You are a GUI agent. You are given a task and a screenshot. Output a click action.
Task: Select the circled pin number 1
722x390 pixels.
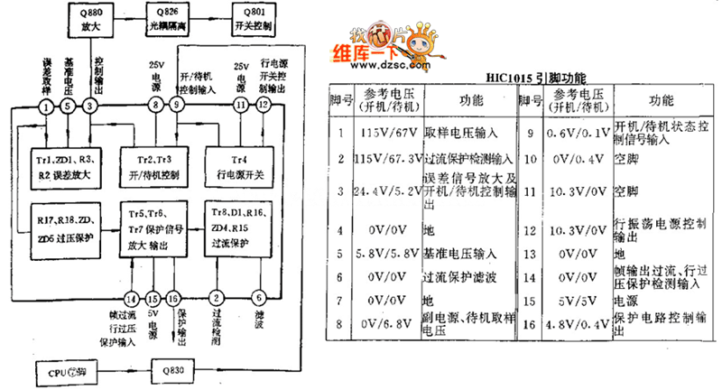(x=46, y=107)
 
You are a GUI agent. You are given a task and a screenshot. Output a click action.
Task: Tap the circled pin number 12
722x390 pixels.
(x=263, y=107)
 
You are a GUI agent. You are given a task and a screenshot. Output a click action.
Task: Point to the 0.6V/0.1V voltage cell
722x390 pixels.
(x=574, y=131)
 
